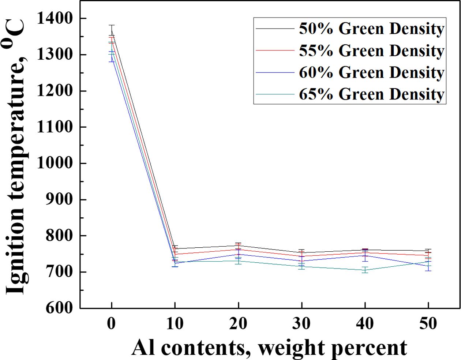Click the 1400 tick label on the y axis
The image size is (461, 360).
55,18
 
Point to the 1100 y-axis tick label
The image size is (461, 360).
55,127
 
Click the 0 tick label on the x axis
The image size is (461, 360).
112,323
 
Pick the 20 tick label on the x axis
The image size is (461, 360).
238,323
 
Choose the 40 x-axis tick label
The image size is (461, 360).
365,323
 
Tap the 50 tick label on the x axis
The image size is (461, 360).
428,323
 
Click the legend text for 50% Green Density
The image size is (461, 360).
371,29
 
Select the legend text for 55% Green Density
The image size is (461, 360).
371,50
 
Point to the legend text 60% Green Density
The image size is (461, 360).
371,72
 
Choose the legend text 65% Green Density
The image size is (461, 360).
371,94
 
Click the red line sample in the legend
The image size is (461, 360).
275,50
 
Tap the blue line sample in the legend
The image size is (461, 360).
275,72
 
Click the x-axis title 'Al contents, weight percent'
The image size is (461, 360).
269,348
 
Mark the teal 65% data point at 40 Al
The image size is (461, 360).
365,270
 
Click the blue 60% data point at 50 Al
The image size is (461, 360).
428,266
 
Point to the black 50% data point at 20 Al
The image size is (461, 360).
238,246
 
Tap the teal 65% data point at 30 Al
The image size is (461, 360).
301,266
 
